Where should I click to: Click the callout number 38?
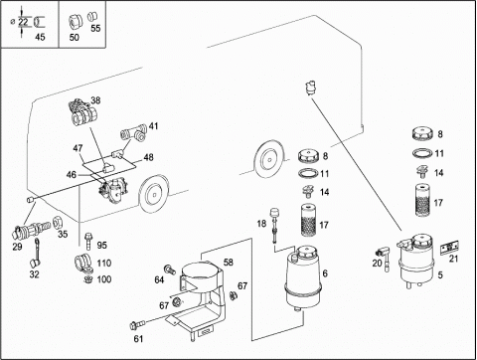click(95, 100)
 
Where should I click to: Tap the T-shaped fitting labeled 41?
click(134, 132)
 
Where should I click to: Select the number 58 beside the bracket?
click(229, 263)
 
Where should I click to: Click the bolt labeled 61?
click(137, 325)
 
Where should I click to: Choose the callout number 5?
click(440, 275)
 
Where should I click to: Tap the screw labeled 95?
click(89, 242)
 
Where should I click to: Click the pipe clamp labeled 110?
click(82, 263)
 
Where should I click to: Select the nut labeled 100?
click(88, 278)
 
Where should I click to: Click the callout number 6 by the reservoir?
click(325, 273)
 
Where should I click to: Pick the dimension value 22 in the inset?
click(23, 22)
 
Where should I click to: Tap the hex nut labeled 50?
click(75, 23)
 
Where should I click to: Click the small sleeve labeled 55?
click(91, 17)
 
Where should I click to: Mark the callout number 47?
click(78, 148)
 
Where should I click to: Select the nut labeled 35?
click(58, 222)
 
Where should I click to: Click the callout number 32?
click(35, 274)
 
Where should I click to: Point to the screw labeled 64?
click(171, 270)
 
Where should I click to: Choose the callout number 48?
click(149, 157)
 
